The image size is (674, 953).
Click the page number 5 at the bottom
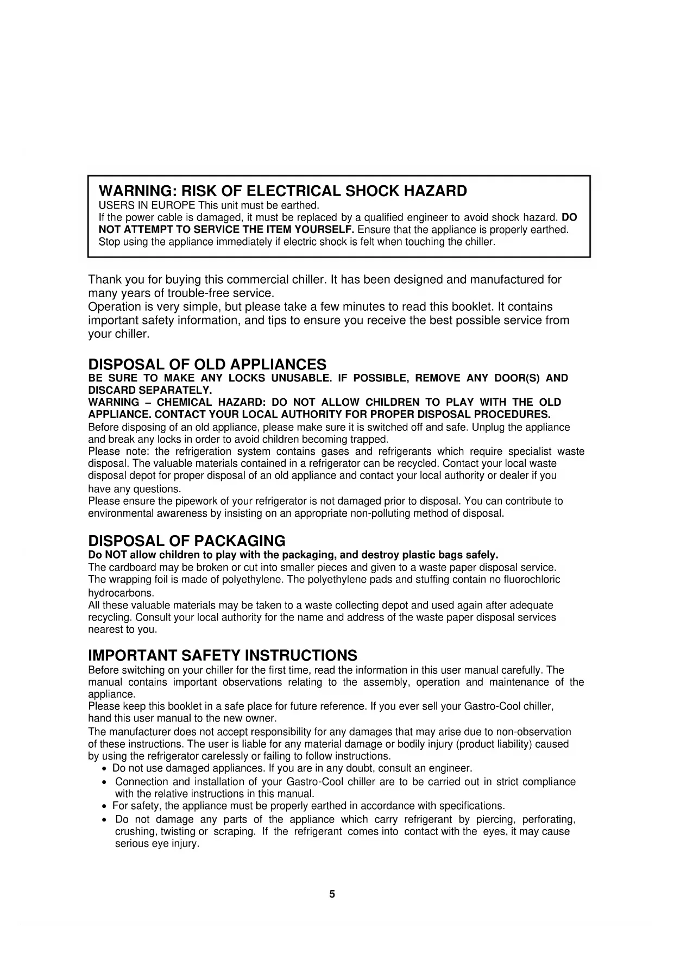click(x=332, y=894)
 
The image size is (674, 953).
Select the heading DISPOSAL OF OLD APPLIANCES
click(x=207, y=363)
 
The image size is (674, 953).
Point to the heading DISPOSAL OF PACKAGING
click(x=186, y=541)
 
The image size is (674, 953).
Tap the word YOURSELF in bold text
click(x=324, y=229)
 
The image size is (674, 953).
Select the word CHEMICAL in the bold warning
click(x=182, y=402)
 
